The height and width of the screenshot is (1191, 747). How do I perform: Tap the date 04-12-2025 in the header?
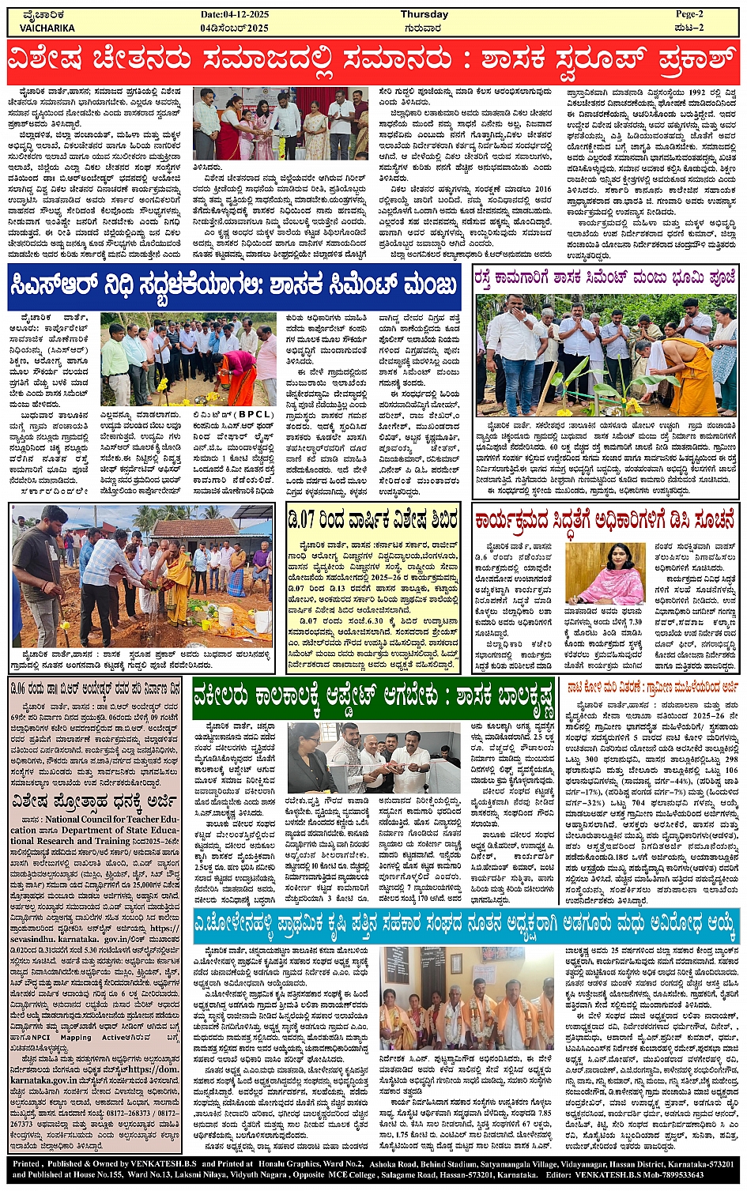(235, 14)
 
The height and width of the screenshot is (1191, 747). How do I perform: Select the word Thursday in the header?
(424, 14)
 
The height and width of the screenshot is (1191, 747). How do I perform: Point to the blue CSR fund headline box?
(235, 285)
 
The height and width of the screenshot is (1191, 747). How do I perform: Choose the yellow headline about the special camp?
(373, 521)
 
